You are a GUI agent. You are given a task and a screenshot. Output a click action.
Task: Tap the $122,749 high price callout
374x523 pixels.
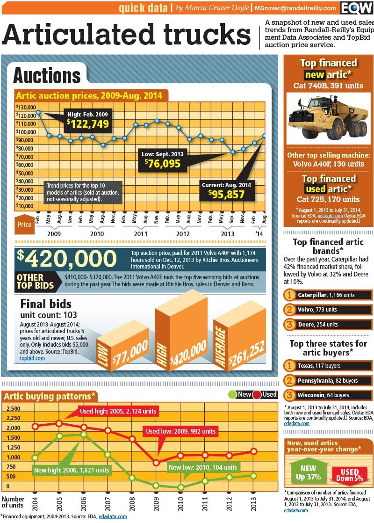pyautogui.click(x=87, y=123)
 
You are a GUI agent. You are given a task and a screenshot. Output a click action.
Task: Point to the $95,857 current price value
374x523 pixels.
pyautogui.click(x=226, y=194)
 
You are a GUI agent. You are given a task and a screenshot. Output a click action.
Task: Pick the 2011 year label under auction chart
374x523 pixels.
pyautogui.click(x=140, y=233)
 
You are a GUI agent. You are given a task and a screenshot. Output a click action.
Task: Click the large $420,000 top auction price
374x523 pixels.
pyautogui.click(x=66, y=259)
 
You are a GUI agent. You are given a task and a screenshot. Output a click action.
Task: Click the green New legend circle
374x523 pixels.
pyautogui.click(x=232, y=394)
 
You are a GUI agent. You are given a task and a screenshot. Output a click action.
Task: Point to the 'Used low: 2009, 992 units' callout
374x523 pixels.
pyautogui.click(x=181, y=431)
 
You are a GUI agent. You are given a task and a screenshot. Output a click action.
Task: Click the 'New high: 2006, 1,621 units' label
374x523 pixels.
pyautogui.click(x=72, y=470)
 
